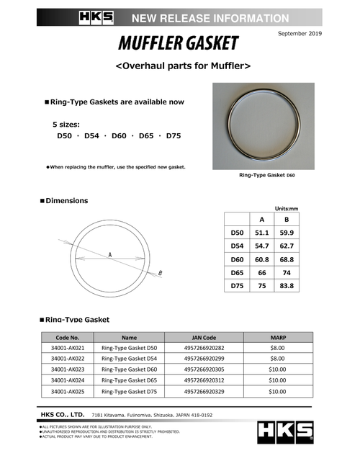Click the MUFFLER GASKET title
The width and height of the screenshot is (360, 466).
[179, 45]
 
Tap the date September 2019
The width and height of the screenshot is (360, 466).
[298, 33]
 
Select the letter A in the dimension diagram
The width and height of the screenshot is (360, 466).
[109, 255]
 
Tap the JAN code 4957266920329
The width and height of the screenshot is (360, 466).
[204, 391]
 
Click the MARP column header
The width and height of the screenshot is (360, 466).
[277, 336]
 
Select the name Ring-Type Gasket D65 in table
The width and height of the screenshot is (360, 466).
[129, 380]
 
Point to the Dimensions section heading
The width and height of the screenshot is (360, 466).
[66, 200]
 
